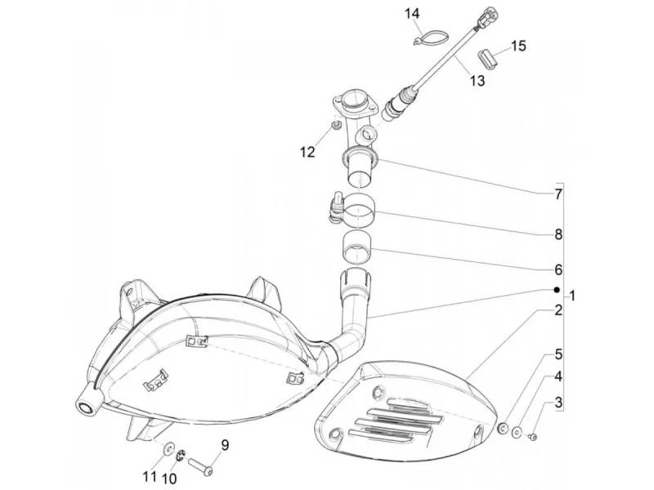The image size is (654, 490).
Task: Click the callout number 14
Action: click(x=412, y=14)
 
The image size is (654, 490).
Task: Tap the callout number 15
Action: click(x=518, y=46)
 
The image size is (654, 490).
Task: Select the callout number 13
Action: click(x=477, y=80)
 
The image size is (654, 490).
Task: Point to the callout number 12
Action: click(x=307, y=152)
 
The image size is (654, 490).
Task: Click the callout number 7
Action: click(x=558, y=194)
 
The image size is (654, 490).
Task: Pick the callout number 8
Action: click(x=558, y=234)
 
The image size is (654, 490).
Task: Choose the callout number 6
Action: click(x=558, y=270)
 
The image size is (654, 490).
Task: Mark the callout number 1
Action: click(x=572, y=296)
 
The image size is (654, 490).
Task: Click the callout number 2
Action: click(x=558, y=310)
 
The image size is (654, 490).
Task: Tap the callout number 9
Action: click(x=225, y=445)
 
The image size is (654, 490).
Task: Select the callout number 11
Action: click(x=150, y=476)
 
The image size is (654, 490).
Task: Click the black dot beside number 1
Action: click(x=556, y=290)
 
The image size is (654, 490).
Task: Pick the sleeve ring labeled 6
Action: click(x=356, y=247)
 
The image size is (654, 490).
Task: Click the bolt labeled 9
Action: click(x=201, y=465)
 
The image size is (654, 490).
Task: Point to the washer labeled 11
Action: click(x=169, y=448)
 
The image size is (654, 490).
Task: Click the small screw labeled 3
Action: click(x=532, y=437)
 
